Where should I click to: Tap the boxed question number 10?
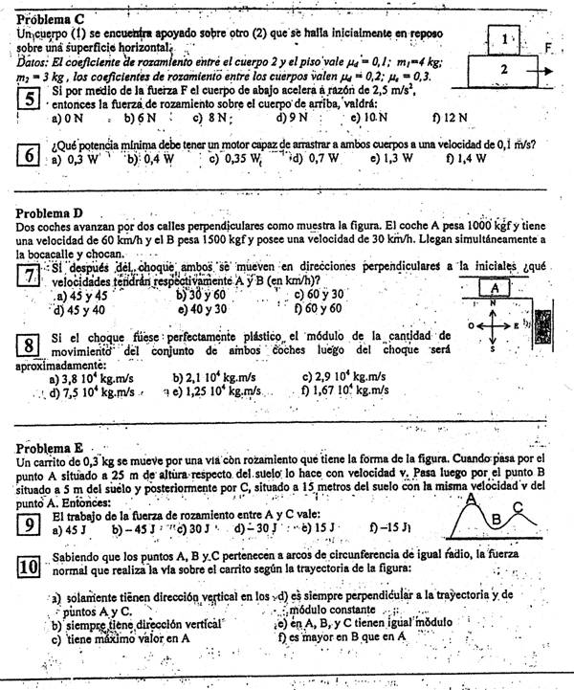coord(30,566)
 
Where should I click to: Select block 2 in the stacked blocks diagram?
coord(504,69)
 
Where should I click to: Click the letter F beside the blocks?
coord(549,47)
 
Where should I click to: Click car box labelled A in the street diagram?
coord(495,287)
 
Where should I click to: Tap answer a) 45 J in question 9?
coord(71,527)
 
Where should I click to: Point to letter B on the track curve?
coord(496,520)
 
